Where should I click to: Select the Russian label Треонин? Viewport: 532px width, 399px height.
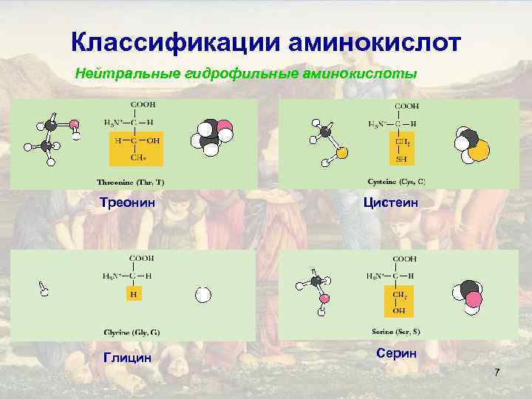point(131,202)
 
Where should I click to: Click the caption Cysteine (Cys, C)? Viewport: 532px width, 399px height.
point(396,181)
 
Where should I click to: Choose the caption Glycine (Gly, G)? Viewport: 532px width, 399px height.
point(132,332)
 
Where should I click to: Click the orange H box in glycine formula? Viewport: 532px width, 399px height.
point(133,294)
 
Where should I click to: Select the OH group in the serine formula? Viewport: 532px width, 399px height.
point(400,310)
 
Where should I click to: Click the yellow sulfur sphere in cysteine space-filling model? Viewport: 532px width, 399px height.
point(479,151)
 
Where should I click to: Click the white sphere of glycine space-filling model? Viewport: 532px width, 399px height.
point(203,295)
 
